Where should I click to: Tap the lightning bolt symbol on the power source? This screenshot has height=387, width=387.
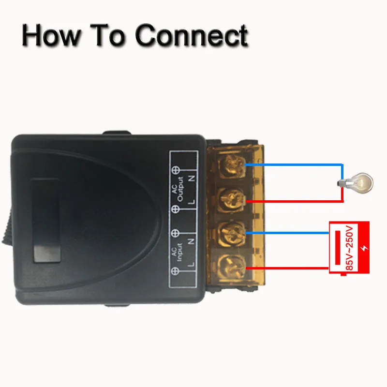click(364, 248)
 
